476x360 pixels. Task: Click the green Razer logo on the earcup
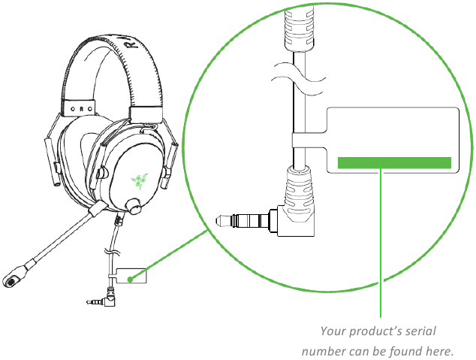140,181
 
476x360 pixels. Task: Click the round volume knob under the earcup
134,206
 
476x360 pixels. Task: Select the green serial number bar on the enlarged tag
394,163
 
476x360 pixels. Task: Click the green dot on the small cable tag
130,280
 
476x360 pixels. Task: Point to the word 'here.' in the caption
439,352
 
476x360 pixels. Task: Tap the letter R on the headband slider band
81,109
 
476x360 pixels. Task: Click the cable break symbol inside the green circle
298,78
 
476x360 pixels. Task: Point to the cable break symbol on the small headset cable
112,252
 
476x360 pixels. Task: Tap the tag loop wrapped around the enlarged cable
309,140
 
